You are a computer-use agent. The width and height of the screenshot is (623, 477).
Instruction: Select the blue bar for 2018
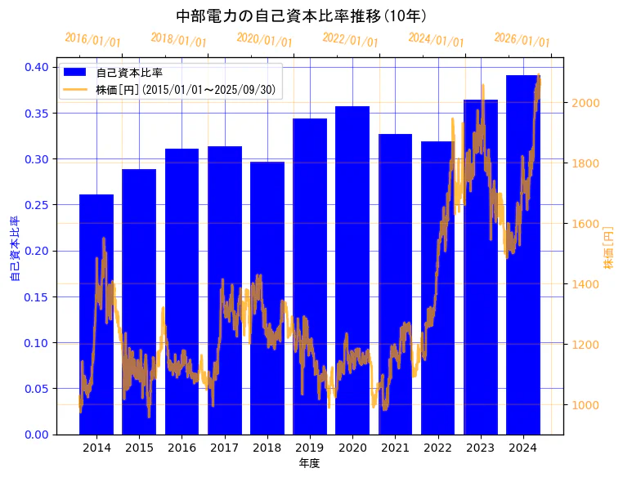click(267, 298)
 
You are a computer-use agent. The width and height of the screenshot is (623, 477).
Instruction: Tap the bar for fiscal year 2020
click(352, 270)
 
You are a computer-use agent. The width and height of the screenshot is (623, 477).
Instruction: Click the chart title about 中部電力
click(302, 16)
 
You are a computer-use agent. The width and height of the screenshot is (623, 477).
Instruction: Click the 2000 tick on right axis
click(586, 103)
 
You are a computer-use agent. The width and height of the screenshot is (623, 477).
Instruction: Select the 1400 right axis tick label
click(586, 284)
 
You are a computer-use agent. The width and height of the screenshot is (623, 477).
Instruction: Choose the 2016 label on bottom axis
click(182, 448)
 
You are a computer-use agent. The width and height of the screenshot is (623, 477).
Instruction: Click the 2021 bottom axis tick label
click(395, 448)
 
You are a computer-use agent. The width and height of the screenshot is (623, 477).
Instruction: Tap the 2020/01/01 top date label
click(264, 40)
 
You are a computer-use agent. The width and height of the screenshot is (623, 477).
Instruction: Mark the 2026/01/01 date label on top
click(522, 40)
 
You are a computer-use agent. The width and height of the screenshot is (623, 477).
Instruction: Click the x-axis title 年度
click(309, 463)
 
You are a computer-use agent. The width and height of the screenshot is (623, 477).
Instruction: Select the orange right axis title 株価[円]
click(608, 247)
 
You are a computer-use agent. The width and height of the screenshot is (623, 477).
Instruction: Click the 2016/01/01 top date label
click(92, 40)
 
